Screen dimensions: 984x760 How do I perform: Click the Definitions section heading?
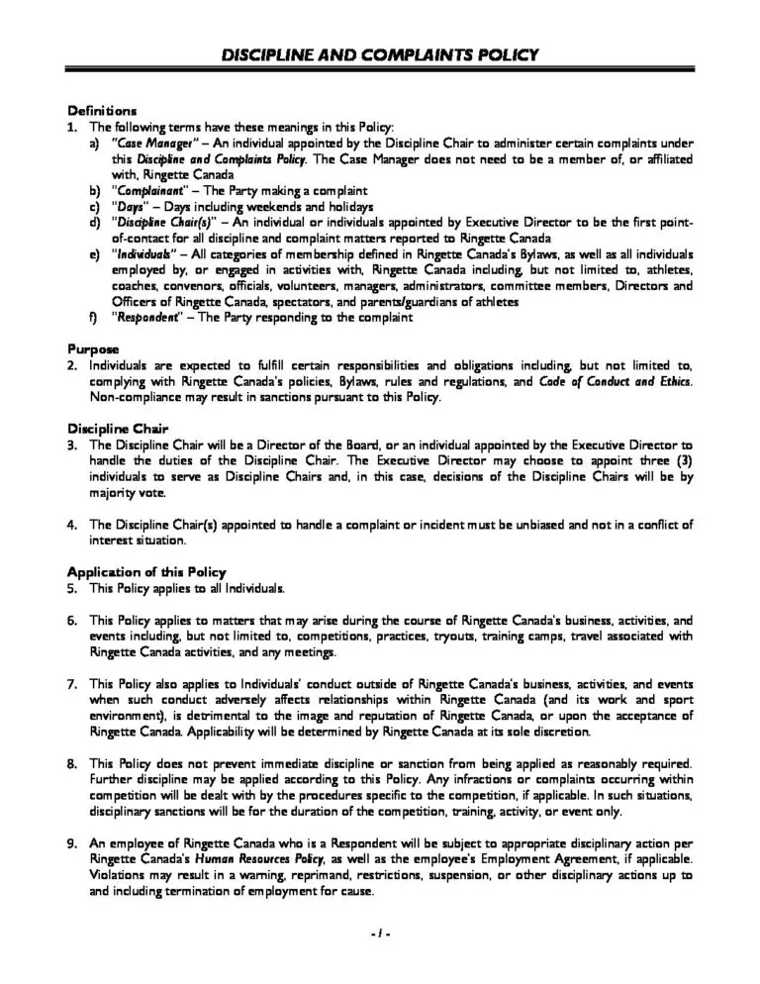pos(102,109)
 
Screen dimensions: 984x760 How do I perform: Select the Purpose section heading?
pos(93,348)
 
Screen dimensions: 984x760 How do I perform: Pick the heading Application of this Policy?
pos(146,571)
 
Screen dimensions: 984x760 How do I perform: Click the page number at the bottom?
pos(380,935)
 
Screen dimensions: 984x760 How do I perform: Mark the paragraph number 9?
pos(71,844)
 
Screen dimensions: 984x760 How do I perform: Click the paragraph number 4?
pos(71,524)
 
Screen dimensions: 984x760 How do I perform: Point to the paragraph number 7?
pos(71,684)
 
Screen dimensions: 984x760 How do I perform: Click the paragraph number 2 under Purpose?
pos(71,365)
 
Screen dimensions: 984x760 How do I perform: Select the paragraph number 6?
pos(71,620)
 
